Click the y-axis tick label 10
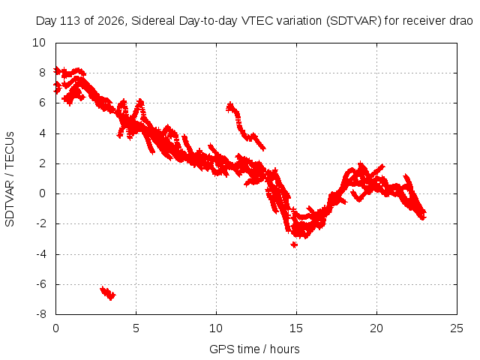point(39,43)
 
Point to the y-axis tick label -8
point(41,314)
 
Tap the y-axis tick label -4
point(41,254)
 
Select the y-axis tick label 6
point(42,103)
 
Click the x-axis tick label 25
point(457,328)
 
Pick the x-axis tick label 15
point(296,328)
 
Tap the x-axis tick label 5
point(136,328)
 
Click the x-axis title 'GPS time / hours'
point(254,349)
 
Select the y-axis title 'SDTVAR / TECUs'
point(10,179)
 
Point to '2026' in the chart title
point(110,21)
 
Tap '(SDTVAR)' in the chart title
point(353,21)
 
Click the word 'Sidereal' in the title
point(153,21)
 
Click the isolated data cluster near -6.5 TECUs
point(108,293)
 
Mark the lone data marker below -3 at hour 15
point(294,244)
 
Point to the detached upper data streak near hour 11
point(245,126)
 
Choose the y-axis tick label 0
point(42,193)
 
